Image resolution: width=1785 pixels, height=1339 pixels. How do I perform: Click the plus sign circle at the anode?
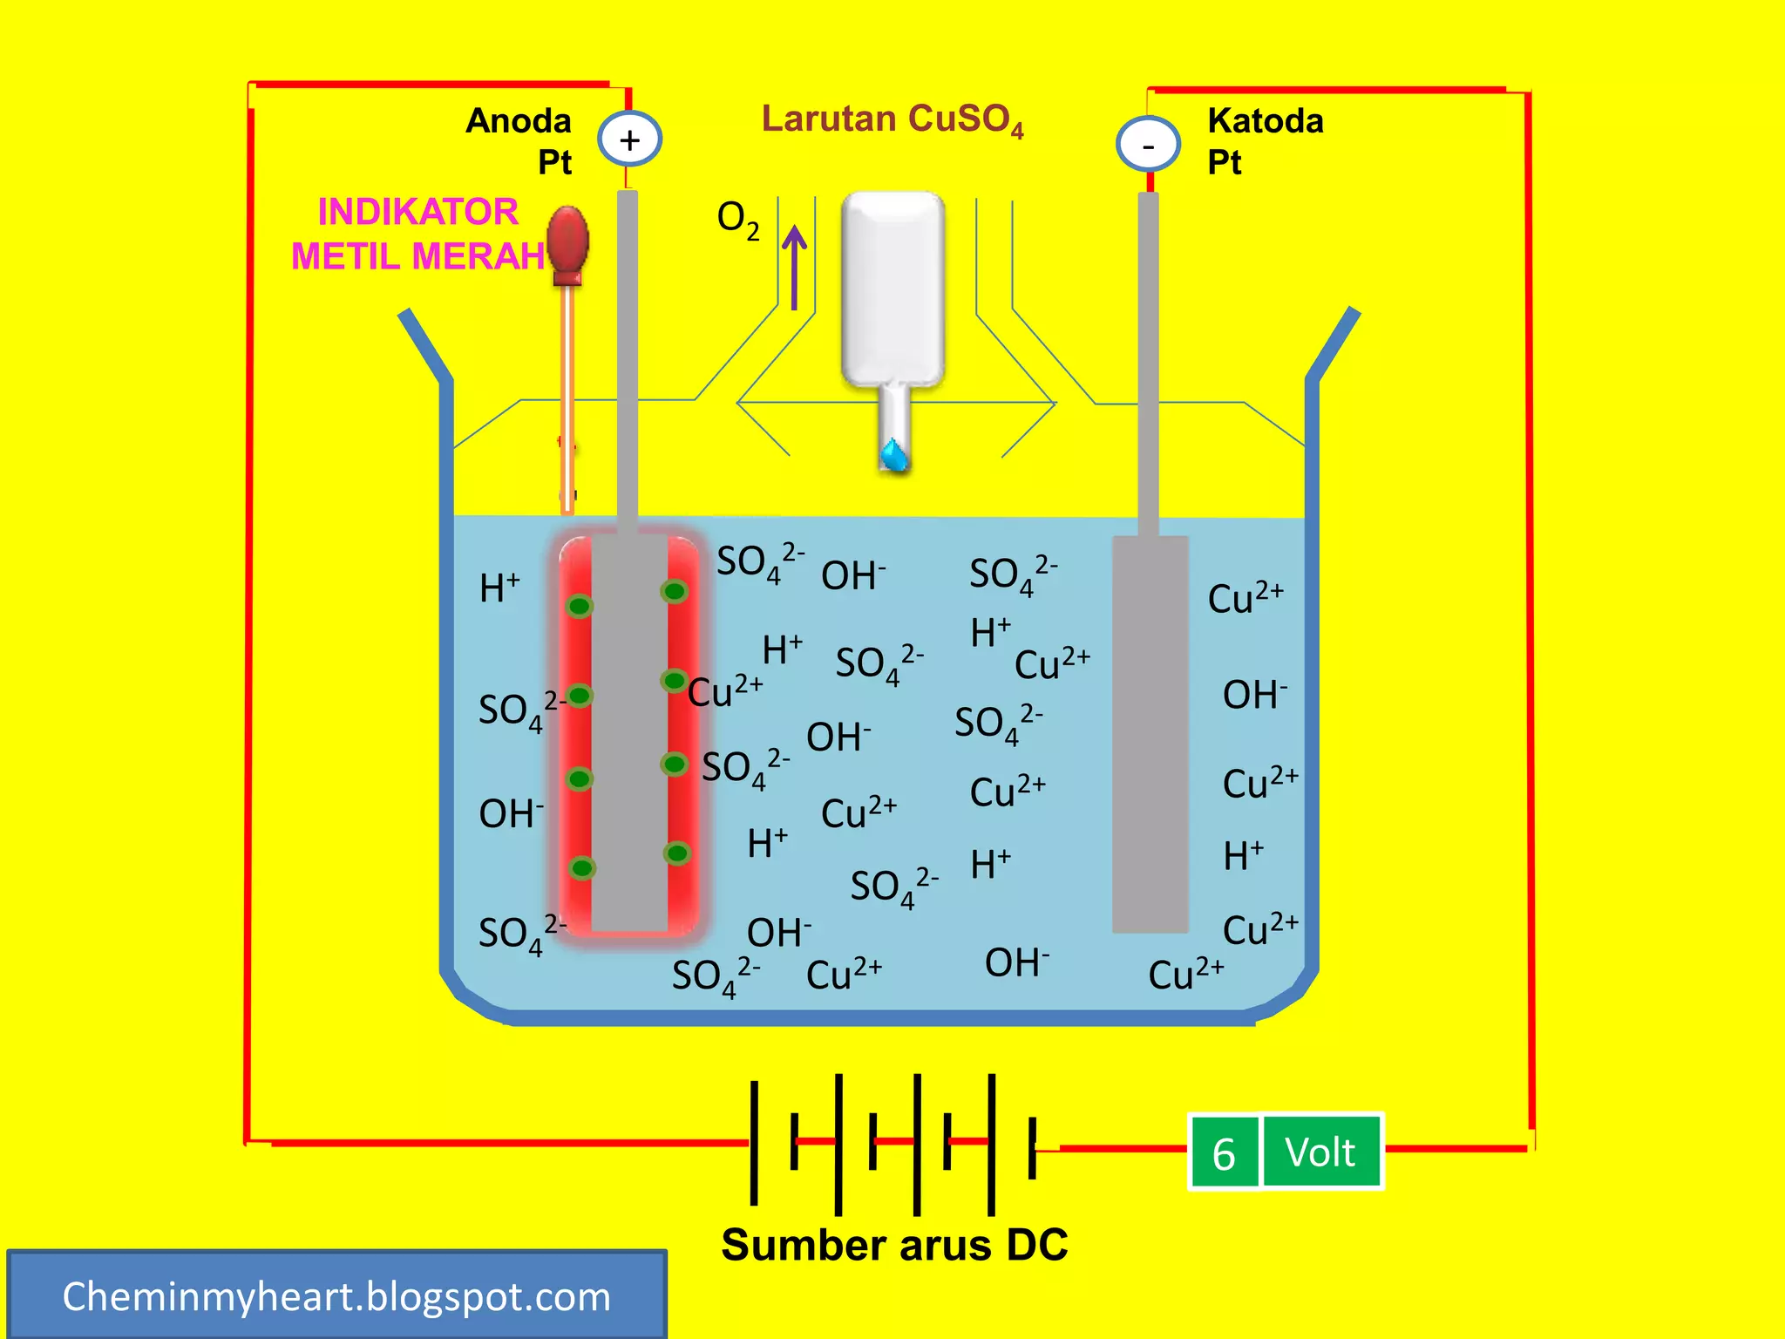[629, 139]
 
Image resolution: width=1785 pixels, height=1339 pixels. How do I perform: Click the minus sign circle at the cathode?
[1148, 145]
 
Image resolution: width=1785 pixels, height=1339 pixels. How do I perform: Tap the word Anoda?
[519, 120]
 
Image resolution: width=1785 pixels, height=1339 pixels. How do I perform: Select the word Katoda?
[1266, 120]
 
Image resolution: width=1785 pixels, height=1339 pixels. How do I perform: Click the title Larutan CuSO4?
[892, 120]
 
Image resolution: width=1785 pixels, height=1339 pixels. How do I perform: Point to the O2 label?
[738, 220]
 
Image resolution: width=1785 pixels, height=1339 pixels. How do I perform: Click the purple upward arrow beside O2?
[794, 268]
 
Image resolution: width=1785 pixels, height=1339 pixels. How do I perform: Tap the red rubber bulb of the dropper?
[567, 245]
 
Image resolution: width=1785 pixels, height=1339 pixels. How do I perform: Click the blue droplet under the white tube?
[894, 454]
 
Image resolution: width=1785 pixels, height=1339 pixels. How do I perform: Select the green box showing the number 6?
[1225, 1152]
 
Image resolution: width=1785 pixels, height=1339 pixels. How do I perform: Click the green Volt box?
[1321, 1151]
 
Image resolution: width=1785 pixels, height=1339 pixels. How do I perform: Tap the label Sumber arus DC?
[894, 1244]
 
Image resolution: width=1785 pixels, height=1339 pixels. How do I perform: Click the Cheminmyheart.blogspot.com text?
[336, 1296]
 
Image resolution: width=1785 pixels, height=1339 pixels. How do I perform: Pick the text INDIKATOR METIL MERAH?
[418, 234]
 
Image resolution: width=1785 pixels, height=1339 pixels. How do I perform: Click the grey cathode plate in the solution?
[1150, 734]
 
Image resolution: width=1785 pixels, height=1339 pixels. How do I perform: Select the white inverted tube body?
[893, 289]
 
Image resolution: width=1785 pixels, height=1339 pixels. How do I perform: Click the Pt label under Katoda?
[1225, 162]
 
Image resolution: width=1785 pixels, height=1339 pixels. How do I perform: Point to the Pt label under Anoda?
[554, 162]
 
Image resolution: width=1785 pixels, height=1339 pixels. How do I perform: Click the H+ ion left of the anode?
[499, 588]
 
